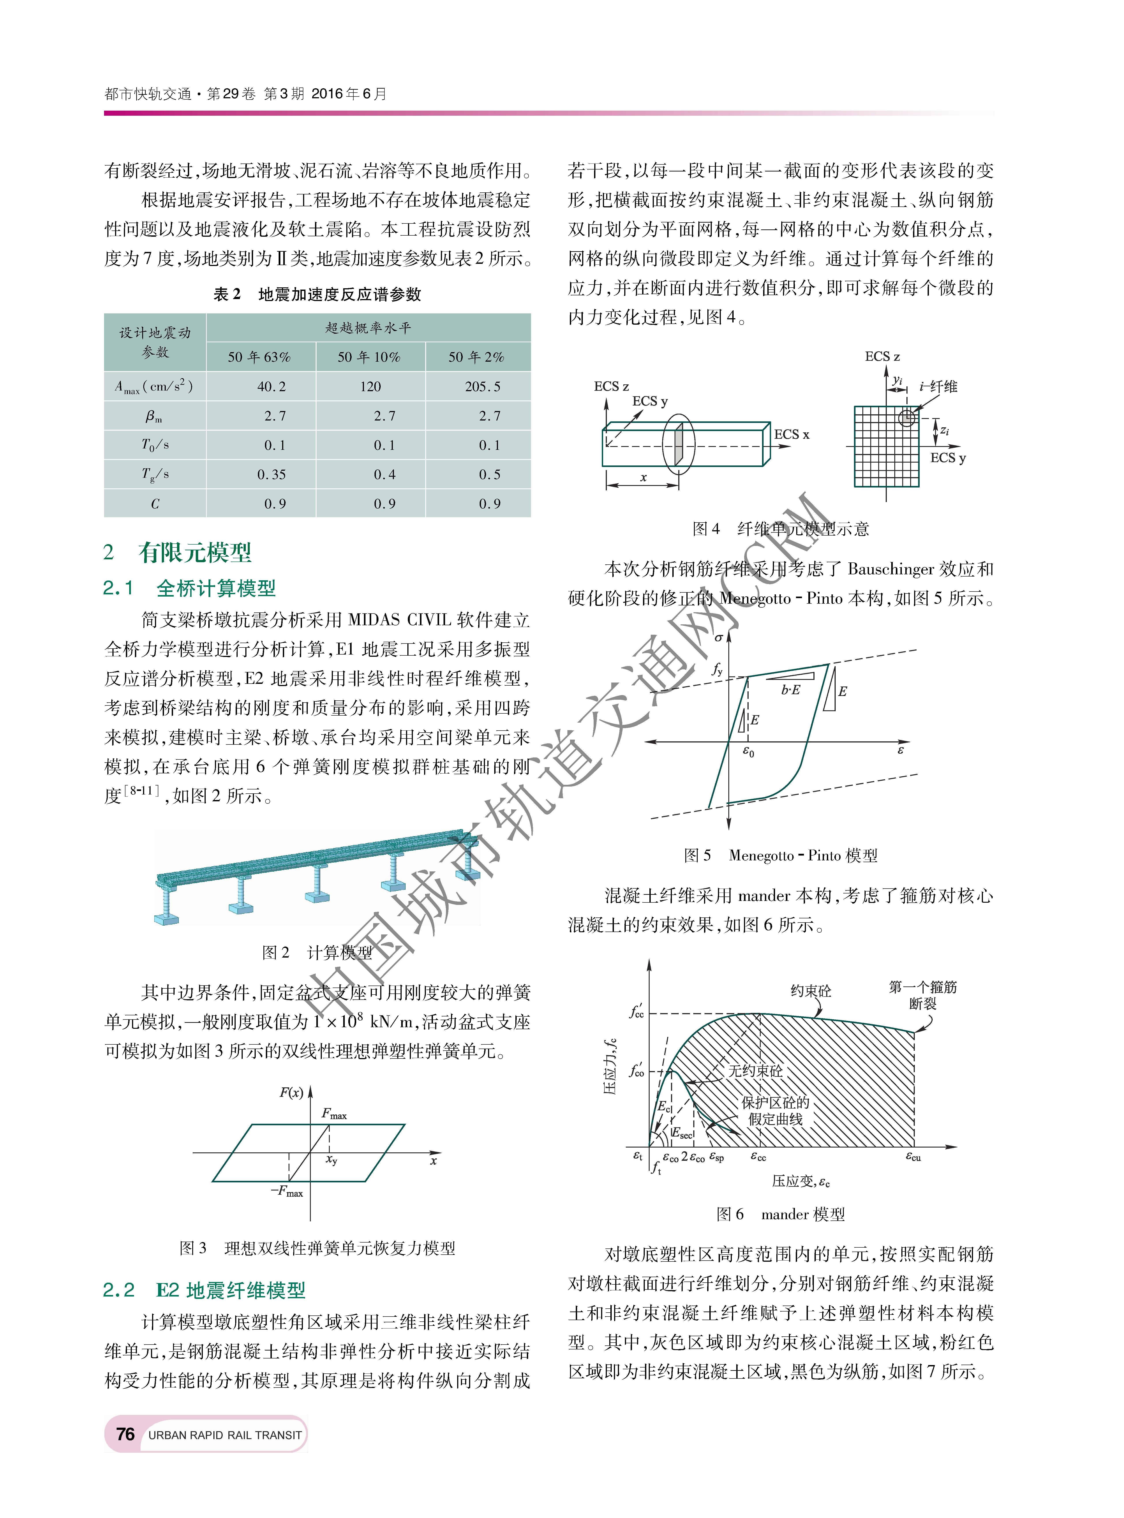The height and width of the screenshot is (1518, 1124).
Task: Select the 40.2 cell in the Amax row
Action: pos(272,386)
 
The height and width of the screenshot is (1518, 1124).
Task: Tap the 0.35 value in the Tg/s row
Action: pos(272,474)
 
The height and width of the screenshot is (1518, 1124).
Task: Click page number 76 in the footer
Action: pos(125,1434)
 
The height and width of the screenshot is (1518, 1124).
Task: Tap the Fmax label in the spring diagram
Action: pos(334,1114)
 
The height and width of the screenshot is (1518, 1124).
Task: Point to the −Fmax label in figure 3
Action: pos(286,1192)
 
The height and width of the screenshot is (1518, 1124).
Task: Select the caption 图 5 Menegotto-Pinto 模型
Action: pos(780,855)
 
